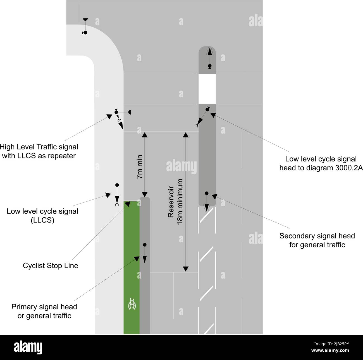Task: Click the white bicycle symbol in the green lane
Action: coord(132,304)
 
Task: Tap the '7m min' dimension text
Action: coord(140,167)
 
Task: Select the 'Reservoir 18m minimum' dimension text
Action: coord(175,202)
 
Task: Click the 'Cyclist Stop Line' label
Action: coord(51,265)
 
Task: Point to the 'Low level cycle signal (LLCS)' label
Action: coord(42,216)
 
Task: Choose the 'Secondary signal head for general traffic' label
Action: coord(317,240)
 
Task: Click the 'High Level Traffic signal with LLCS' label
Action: coord(39,151)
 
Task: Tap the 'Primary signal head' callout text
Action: coord(44,307)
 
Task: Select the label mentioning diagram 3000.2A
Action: coord(321,163)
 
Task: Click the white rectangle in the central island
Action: coord(207,89)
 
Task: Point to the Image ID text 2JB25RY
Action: coord(331,344)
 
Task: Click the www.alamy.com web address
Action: coord(330,351)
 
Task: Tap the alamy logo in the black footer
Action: coord(28,347)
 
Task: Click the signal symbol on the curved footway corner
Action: coord(85,26)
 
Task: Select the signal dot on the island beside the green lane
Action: coord(145,245)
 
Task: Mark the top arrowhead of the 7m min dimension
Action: coord(144,135)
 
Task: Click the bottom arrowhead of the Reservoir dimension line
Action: coord(186,269)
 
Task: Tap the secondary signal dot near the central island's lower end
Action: coord(207,193)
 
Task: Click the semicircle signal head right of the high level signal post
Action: coord(130,112)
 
